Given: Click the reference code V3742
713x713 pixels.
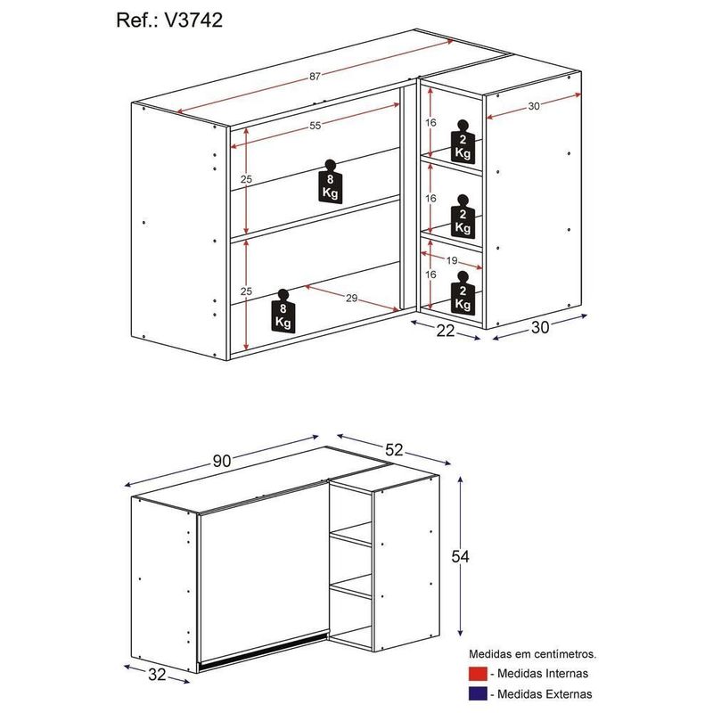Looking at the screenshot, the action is coord(193,20).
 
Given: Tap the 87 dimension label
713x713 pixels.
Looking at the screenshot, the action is coord(315,77).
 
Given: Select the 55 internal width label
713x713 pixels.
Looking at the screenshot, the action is coord(315,126).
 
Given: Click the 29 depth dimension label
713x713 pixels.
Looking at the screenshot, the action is coord(351,299).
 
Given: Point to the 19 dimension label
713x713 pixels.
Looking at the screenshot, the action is coord(452,260).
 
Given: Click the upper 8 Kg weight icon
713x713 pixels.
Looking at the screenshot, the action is coord(330,182).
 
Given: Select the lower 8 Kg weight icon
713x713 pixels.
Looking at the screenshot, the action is coord(283,311).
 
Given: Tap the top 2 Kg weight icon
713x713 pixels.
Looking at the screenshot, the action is coord(463,142).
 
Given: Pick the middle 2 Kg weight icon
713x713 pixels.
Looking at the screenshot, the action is coord(463,217).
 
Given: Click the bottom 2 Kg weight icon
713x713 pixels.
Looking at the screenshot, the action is coord(463,293).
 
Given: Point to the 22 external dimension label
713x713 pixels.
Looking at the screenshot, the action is coord(445,331).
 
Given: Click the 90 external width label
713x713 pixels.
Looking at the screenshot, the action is coord(222,461).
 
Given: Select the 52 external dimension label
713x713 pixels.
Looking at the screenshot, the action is coord(394,450).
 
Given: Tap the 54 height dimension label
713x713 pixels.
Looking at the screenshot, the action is coord(460,556).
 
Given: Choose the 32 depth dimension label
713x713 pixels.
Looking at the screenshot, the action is coord(157,675).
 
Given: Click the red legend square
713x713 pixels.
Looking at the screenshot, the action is coord(478,674).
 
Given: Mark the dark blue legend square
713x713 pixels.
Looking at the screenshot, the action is coord(478,694).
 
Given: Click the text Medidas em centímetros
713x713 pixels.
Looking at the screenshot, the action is coord(532,654).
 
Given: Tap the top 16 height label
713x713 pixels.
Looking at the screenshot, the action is coord(430,122).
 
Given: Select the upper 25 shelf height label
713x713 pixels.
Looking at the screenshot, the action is coord(246,179).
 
